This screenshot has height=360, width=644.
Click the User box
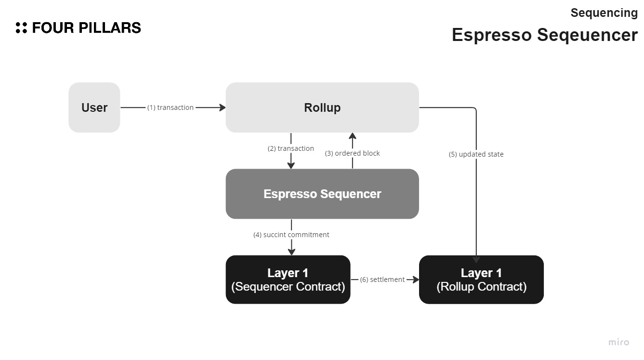pos(94,107)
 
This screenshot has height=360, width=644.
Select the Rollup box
pos(322,107)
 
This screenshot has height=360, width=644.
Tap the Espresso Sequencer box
pos(322,194)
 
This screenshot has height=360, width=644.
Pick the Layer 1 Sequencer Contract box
pos(288,280)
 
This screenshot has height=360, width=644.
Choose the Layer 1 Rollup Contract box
pos(481,280)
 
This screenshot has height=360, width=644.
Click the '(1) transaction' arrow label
pos(171,107)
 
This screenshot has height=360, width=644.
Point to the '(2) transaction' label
pos(291,148)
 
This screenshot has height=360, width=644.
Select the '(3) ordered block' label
pos(353,153)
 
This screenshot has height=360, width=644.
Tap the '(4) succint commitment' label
pos(291,235)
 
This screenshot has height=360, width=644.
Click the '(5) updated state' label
pos(476,154)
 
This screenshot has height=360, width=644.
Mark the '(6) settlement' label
pos(382,280)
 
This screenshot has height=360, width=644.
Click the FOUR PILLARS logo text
pos(87,28)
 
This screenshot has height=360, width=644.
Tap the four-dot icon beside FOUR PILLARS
pos(21,28)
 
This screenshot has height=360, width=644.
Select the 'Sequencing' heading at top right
pos(604,13)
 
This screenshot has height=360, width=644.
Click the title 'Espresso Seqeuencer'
pos(544,35)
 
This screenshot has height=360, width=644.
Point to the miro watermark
pos(618,342)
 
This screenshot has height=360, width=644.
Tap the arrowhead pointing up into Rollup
pos(353,136)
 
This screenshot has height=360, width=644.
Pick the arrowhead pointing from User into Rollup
pos(223,107)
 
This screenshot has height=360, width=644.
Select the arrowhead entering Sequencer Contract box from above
pos(291,252)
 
